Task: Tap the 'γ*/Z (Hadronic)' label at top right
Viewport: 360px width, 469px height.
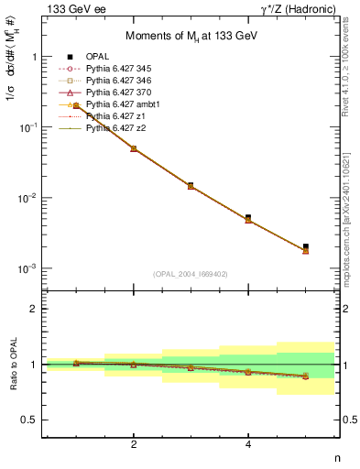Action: click(x=295, y=9)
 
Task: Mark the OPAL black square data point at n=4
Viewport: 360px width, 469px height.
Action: click(x=248, y=218)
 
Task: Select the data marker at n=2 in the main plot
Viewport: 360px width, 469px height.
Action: click(x=134, y=148)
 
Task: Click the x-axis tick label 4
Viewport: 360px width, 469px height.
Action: click(x=248, y=445)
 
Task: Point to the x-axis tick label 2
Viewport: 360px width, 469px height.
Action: click(x=134, y=445)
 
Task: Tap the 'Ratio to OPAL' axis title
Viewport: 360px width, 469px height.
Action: click(x=11, y=365)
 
